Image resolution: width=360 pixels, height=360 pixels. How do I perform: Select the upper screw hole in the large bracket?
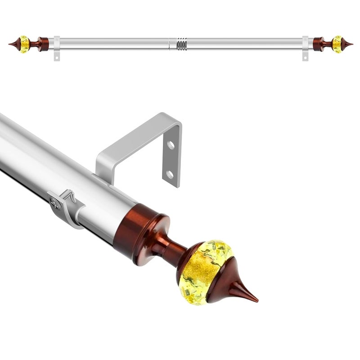(x=171, y=145)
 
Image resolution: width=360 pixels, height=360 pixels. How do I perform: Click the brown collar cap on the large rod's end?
(x=137, y=229)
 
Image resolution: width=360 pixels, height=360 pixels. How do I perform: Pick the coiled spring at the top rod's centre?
(x=181, y=45)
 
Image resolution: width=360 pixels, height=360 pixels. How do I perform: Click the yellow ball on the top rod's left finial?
(x=25, y=44)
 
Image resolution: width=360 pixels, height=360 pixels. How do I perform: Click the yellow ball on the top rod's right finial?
(x=337, y=44)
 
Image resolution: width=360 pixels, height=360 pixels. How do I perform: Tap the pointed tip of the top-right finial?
(x=351, y=44)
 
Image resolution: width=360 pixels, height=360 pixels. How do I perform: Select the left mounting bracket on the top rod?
(x=57, y=47)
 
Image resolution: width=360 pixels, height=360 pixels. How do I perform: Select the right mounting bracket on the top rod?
(x=305, y=47)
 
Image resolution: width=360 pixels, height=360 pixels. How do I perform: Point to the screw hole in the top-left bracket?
(x=57, y=57)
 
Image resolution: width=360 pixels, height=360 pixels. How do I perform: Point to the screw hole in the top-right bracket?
(x=305, y=57)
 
